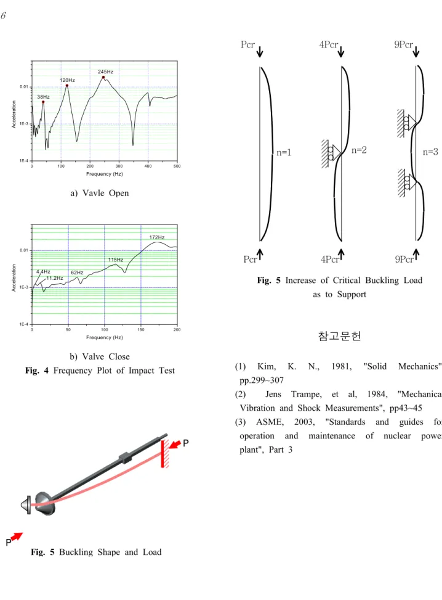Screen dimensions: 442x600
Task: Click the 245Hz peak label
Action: click(105, 72)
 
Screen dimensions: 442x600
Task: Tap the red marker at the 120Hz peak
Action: click(67, 85)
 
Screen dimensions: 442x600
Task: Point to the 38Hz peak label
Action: click(43, 97)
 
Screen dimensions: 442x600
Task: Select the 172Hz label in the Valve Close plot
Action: click(157, 237)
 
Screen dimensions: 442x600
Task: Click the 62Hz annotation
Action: click(77, 273)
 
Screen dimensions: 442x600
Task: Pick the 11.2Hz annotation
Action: click(55, 278)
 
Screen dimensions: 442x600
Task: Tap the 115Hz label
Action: click(116, 260)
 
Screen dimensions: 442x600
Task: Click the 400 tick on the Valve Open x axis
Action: click(148, 166)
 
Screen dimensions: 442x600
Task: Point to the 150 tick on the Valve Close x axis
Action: click(141, 329)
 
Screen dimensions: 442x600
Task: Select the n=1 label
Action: click(284, 152)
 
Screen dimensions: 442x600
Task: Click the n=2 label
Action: click(359, 150)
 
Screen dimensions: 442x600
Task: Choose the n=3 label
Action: click(430, 152)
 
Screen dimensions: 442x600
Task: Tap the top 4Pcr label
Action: click(329, 45)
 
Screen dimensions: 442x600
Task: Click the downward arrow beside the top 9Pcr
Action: click(416, 52)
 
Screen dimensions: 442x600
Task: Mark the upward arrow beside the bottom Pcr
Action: click(260, 255)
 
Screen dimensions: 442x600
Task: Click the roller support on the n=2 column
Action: click(331, 154)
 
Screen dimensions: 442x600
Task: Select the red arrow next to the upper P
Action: click(175, 444)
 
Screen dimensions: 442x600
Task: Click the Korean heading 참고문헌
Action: click(340, 336)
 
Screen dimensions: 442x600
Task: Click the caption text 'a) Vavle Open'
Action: click(100, 193)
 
